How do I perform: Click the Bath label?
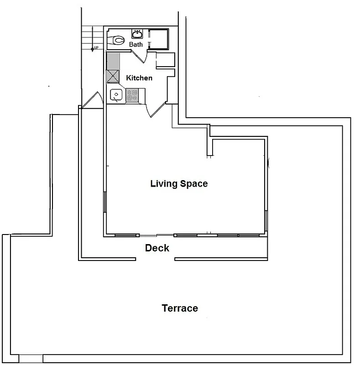(136, 44)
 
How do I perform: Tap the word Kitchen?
(139, 78)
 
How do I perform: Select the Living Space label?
(179, 183)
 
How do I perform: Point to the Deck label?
(157, 248)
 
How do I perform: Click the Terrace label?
(180, 308)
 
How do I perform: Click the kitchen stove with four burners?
(132, 95)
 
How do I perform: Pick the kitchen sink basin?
(117, 95)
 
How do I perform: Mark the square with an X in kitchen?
(113, 76)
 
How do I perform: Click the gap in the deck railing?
(155, 260)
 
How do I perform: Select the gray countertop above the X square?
(113, 61)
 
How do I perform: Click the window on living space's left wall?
(105, 202)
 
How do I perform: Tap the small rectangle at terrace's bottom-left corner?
(31, 359)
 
